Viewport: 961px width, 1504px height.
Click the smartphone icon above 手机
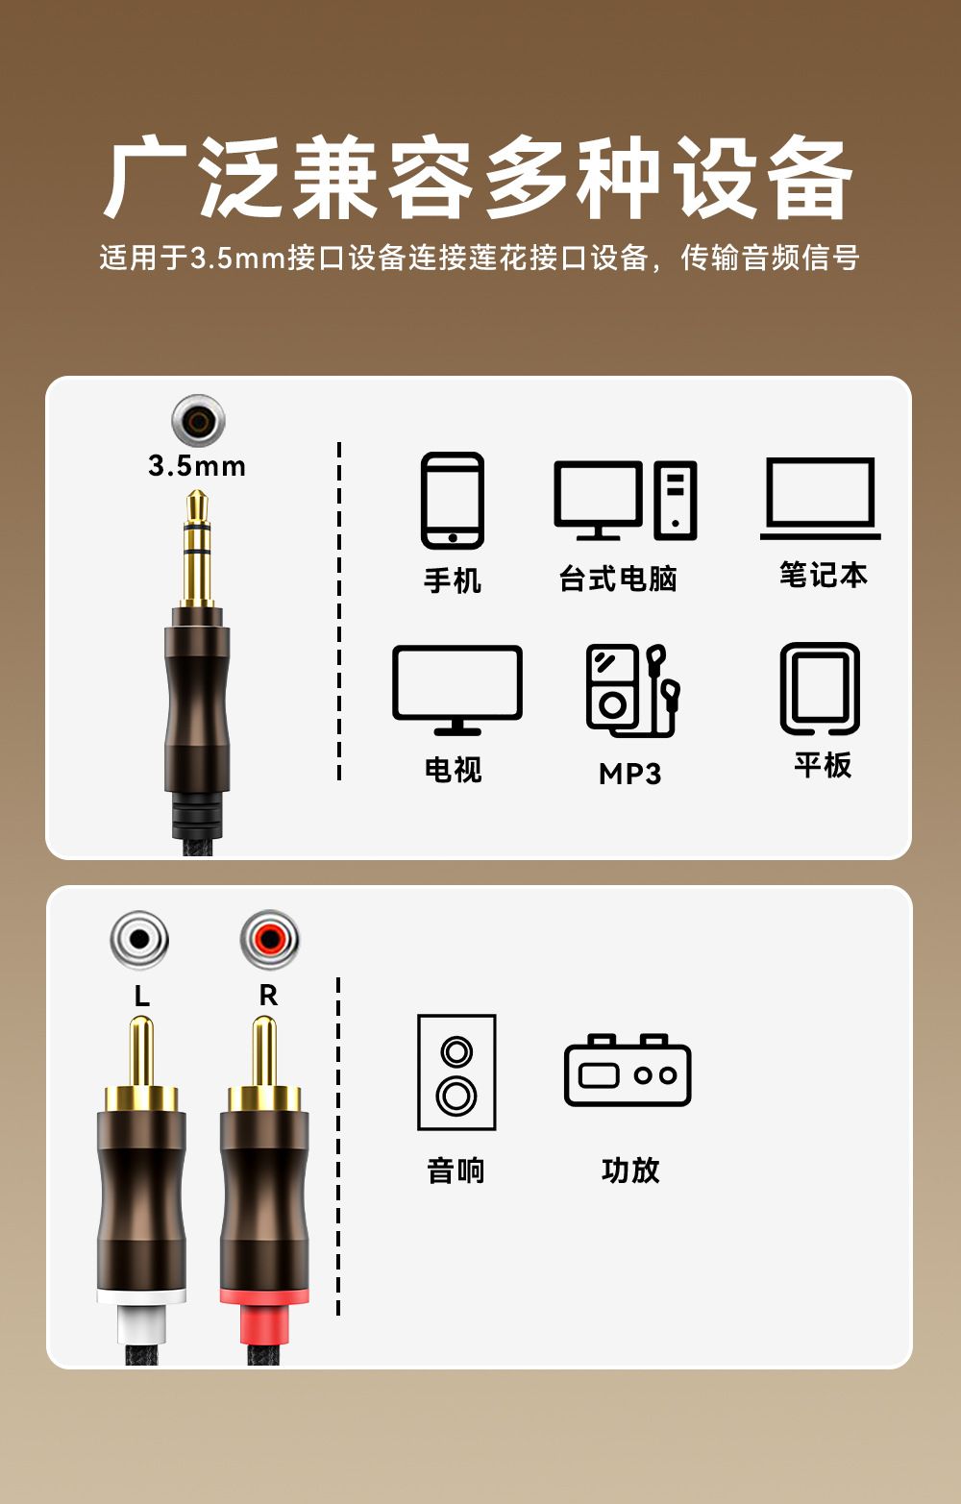452,501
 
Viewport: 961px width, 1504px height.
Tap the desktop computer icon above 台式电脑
626,501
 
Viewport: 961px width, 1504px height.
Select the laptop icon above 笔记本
821,498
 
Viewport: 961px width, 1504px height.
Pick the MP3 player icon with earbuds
632,691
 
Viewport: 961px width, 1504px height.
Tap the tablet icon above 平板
820,689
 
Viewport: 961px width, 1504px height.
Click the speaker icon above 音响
456,1073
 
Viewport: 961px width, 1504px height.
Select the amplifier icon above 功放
628,1070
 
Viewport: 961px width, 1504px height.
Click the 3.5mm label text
197,466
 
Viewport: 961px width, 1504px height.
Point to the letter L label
141,996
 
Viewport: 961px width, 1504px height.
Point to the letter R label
269,995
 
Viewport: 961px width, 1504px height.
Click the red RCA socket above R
269,939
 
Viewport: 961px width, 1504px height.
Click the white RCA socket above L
139,939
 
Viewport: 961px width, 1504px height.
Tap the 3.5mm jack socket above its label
198,421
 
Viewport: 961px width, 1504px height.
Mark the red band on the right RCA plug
264,1297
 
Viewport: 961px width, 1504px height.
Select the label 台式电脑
618,579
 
